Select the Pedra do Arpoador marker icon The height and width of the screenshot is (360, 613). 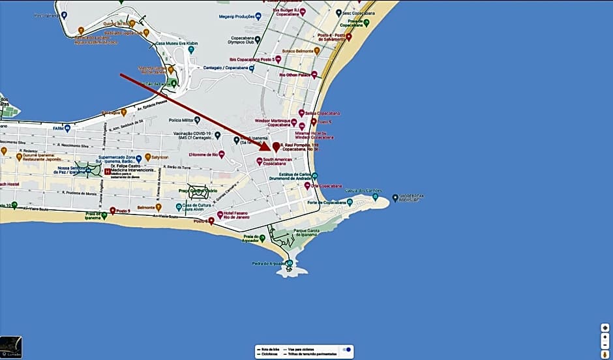pos(290,263)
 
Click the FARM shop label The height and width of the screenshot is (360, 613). pos(59,128)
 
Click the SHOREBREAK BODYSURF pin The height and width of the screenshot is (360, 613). pos(395,198)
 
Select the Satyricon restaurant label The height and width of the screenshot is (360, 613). pos(158,157)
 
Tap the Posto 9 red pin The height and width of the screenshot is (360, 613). pos(113,211)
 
